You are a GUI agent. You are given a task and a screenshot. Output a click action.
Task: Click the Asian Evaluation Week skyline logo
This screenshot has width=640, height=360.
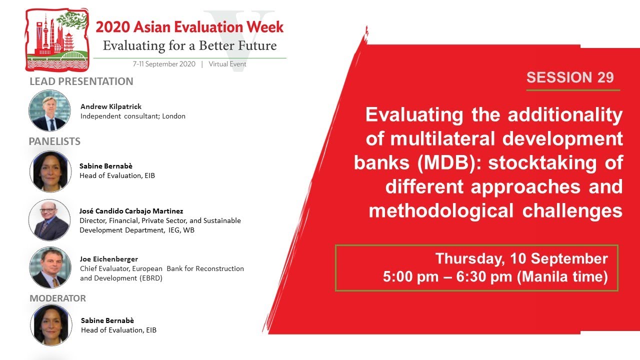(x=56, y=39)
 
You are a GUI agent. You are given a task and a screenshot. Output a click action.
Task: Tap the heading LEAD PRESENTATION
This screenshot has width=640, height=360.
(x=81, y=81)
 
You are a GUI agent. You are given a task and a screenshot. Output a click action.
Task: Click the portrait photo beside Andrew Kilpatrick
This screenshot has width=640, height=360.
(x=49, y=110)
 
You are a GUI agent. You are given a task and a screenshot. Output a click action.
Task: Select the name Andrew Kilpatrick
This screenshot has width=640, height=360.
(x=111, y=106)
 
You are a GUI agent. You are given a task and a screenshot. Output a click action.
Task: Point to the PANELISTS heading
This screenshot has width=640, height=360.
(x=54, y=141)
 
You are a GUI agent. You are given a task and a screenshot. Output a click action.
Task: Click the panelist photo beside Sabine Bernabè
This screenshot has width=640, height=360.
(x=50, y=171)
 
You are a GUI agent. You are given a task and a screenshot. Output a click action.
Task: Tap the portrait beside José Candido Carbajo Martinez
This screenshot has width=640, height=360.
(x=49, y=220)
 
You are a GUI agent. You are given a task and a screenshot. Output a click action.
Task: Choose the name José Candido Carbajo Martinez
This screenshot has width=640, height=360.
(x=131, y=211)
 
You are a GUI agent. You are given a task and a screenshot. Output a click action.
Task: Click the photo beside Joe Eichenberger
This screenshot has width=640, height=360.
(x=50, y=267)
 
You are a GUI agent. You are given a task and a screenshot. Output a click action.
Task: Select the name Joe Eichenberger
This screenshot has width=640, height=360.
(x=109, y=259)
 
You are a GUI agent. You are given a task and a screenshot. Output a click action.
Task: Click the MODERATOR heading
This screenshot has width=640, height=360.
(x=57, y=298)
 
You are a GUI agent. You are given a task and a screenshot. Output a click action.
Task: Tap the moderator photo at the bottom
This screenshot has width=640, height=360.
(x=51, y=325)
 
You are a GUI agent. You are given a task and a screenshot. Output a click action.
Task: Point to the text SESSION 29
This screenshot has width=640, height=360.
(x=570, y=77)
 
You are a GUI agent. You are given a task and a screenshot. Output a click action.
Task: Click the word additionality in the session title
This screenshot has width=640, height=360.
(x=565, y=115)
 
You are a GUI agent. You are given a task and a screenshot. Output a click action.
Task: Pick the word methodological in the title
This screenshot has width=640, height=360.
(x=441, y=211)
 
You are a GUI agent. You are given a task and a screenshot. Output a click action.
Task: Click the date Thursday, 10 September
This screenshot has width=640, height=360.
(x=521, y=258)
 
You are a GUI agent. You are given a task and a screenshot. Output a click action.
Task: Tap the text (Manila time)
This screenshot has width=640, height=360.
(x=562, y=277)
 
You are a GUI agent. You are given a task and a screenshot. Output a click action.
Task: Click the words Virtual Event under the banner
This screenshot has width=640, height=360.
(x=227, y=64)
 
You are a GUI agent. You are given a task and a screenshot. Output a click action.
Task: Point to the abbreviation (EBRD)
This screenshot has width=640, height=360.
(x=151, y=278)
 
